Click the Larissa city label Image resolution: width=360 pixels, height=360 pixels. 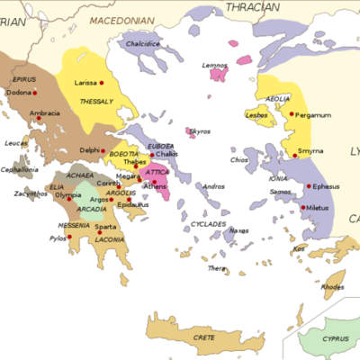pos(85,82)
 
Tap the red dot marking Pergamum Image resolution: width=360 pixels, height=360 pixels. pos(292,114)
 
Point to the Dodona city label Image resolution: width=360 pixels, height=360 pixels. pos(20,93)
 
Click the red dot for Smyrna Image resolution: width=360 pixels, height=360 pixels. pos(294,156)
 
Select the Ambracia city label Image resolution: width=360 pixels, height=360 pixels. pos(45,113)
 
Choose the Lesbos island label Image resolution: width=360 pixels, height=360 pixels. pos(256,115)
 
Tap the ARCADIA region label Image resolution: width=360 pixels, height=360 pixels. pos(92,210)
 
